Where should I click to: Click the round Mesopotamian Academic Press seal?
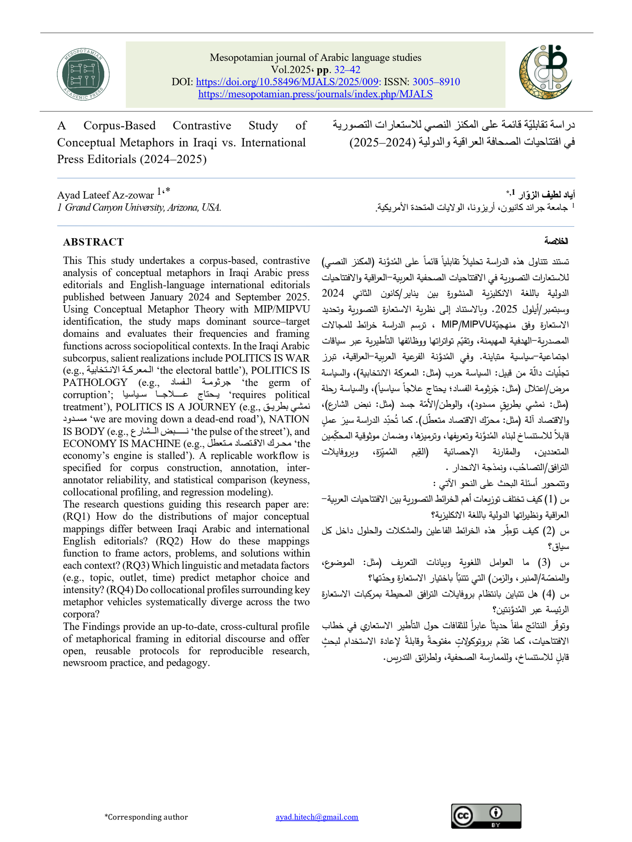(83, 74)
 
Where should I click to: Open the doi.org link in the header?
(288, 82)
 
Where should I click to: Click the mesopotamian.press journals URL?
(315, 94)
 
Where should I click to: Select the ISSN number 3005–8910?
(436, 82)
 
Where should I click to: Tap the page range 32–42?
(347, 70)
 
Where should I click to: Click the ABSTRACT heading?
(93, 242)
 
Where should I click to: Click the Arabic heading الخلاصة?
(556, 241)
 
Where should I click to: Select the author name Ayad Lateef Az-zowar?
(105, 195)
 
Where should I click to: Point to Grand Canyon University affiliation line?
(139, 207)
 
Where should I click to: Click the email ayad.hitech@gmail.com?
(317, 817)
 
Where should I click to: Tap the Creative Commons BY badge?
(486, 816)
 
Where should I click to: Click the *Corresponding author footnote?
(146, 817)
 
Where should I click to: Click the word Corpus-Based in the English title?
(119, 126)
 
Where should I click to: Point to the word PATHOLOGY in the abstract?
(95, 382)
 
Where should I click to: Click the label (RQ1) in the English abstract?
(77, 516)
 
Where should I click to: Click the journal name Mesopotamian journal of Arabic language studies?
(315, 57)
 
